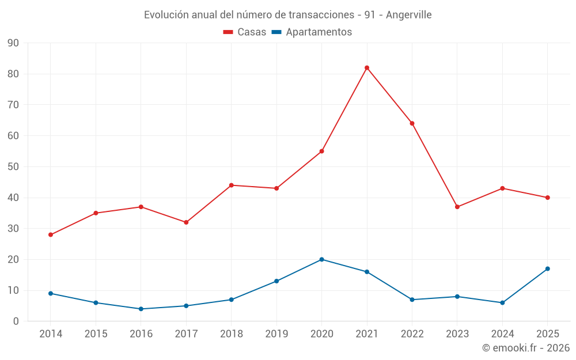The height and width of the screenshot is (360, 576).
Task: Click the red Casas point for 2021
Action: (x=366, y=68)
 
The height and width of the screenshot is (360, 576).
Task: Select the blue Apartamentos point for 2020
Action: (x=321, y=259)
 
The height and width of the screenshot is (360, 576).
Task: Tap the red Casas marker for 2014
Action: (x=51, y=235)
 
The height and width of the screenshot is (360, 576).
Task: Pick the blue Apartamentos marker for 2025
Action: (x=547, y=269)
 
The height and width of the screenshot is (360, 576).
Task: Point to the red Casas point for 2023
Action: (x=457, y=207)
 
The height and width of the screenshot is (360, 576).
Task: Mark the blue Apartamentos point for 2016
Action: (x=141, y=309)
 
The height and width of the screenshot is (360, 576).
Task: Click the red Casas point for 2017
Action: (x=186, y=222)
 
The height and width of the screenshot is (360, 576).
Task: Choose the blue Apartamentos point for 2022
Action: (x=412, y=300)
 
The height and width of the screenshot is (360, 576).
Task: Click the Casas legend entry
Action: (x=245, y=32)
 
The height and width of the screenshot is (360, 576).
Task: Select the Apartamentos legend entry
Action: (x=312, y=32)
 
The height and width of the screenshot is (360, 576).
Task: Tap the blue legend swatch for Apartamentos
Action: (x=276, y=32)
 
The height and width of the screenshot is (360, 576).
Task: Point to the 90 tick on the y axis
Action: (x=13, y=43)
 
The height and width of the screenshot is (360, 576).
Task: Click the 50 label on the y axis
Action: (x=13, y=167)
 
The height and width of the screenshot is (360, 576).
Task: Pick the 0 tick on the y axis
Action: (x=16, y=321)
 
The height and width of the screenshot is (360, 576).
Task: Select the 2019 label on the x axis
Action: (x=276, y=334)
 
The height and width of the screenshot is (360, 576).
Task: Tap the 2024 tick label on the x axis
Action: (x=502, y=334)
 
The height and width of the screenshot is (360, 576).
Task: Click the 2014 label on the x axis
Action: (x=51, y=334)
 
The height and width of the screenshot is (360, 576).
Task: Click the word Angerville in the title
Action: (x=408, y=15)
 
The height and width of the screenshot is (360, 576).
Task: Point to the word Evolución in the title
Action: (x=166, y=15)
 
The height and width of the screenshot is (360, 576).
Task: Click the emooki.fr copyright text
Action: (x=526, y=347)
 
